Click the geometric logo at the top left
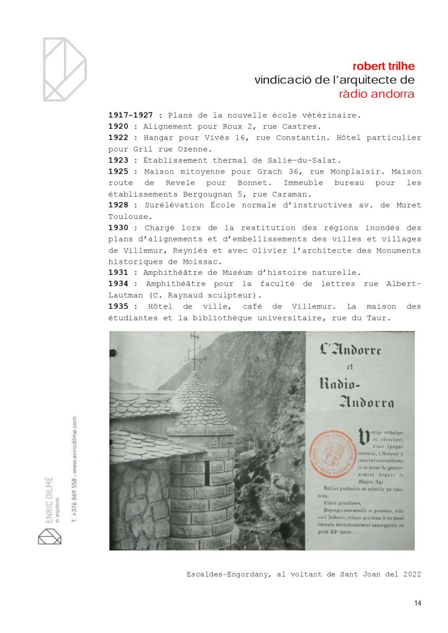(x=64, y=69)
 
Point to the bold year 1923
(x=119, y=160)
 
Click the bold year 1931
(x=119, y=273)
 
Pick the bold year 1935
(x=119, y=306)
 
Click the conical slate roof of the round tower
(x=198, y=401)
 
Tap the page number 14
(x=417, y=603)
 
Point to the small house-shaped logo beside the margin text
(x=50, y=538)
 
